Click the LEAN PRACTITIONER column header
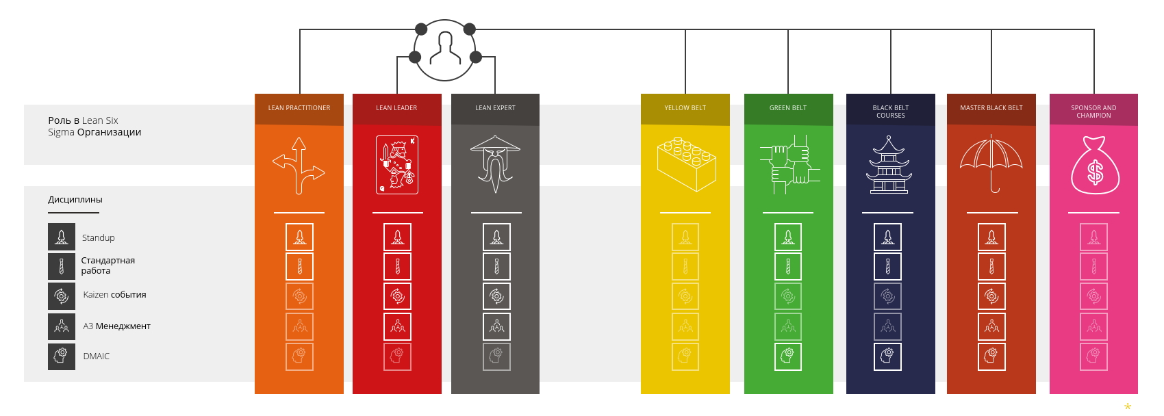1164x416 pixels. coord(299,108)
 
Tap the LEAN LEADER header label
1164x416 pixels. coord(396,108)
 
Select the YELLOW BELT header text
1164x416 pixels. coord(685,108)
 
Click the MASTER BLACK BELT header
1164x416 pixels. coord(991,108)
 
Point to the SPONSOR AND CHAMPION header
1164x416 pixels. coord(1093,112)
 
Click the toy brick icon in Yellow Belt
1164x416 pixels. coord(686,164)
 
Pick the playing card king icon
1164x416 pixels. coord(397,165)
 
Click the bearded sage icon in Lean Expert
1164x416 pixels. coord(495,164)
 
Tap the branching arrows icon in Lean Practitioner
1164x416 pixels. coord(299,166)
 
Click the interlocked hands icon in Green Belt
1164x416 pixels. coord(789,165)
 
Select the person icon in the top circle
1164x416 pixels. coord(445,48)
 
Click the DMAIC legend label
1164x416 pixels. coord(97,356)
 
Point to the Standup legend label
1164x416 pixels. coord(99,238)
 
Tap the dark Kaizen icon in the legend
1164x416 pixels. coord(62,296)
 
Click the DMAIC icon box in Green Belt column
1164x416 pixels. coord(788,356)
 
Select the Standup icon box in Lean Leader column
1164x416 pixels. coord(397,237)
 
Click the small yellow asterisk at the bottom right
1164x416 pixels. coord(1127,407)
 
